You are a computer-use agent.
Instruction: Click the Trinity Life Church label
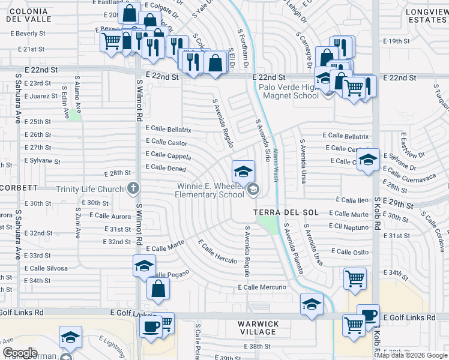90,189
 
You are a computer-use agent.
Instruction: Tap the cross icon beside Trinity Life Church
133,188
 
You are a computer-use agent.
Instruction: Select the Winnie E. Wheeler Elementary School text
210,190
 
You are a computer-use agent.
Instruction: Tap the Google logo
20,353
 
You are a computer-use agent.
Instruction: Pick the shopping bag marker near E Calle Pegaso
157,288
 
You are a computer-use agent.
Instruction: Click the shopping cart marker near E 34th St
354,278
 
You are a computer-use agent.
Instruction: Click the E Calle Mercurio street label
262,287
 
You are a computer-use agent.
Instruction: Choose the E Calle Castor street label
166,142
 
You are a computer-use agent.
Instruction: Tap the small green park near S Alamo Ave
75,115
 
